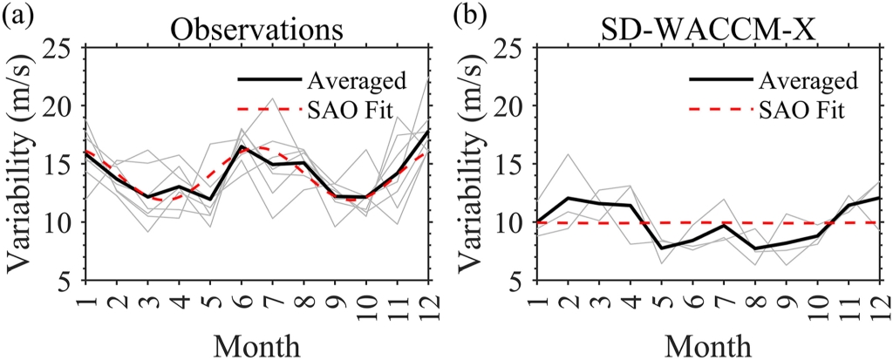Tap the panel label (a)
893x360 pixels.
(18, 17)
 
